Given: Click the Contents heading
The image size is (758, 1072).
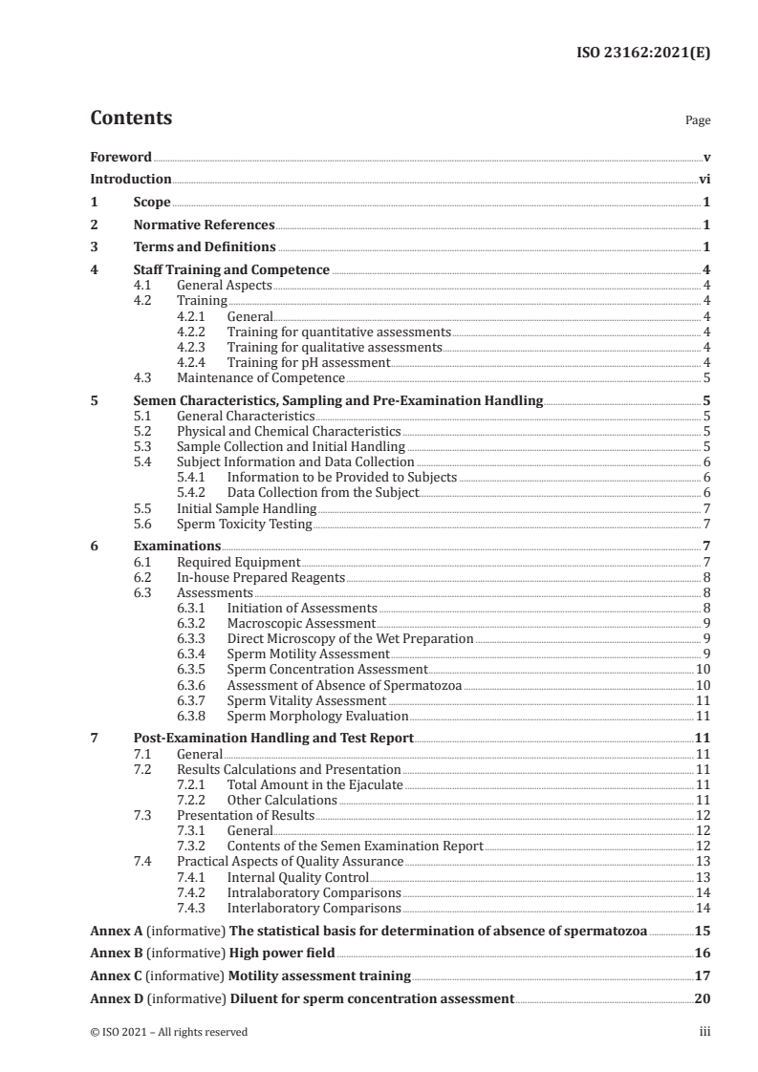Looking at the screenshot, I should pyautogui.click(x=131, y=118).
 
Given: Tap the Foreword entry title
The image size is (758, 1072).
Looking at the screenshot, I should pyautogui.click(x=120, y=156).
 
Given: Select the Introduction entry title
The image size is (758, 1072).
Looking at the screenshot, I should pyautogui.click(x=130, y=179).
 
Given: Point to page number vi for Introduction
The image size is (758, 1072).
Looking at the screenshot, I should pyautogui.click(x=704, y=179).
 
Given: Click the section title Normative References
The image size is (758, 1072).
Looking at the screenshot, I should pyautogui.click(x=204, y=225).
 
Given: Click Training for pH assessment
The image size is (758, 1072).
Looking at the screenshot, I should pyautogui.click(x=308, y=362).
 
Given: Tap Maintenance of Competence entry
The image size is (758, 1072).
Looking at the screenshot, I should pyautogui.click(x=247, y=377).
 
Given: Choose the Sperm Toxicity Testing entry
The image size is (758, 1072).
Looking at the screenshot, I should pyautogui.click(x=245, y=524).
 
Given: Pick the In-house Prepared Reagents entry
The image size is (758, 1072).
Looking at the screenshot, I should pyautogui.click(x=261, y=578).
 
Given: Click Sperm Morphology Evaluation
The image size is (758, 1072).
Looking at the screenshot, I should pyautogui.click(x=317, y=716).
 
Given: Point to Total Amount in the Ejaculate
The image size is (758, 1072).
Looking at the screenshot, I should pyautogui.click(x=314, y=784).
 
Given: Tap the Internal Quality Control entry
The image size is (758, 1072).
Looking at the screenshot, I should pyautogui.click(x=297, y=876).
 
